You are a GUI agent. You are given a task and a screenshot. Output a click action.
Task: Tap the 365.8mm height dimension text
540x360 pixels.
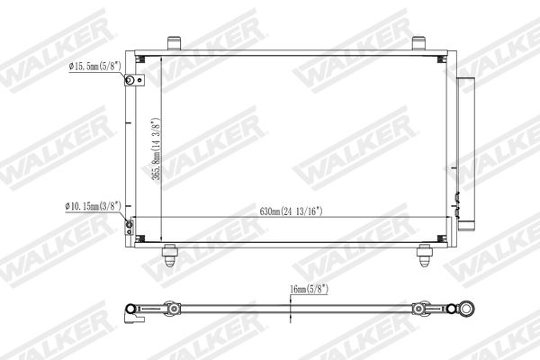157,148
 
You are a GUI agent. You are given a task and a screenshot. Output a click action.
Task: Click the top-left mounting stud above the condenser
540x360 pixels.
174,42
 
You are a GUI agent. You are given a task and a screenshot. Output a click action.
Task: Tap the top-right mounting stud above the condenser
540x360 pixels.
418,42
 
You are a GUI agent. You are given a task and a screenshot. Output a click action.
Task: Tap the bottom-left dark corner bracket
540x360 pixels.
140,238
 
